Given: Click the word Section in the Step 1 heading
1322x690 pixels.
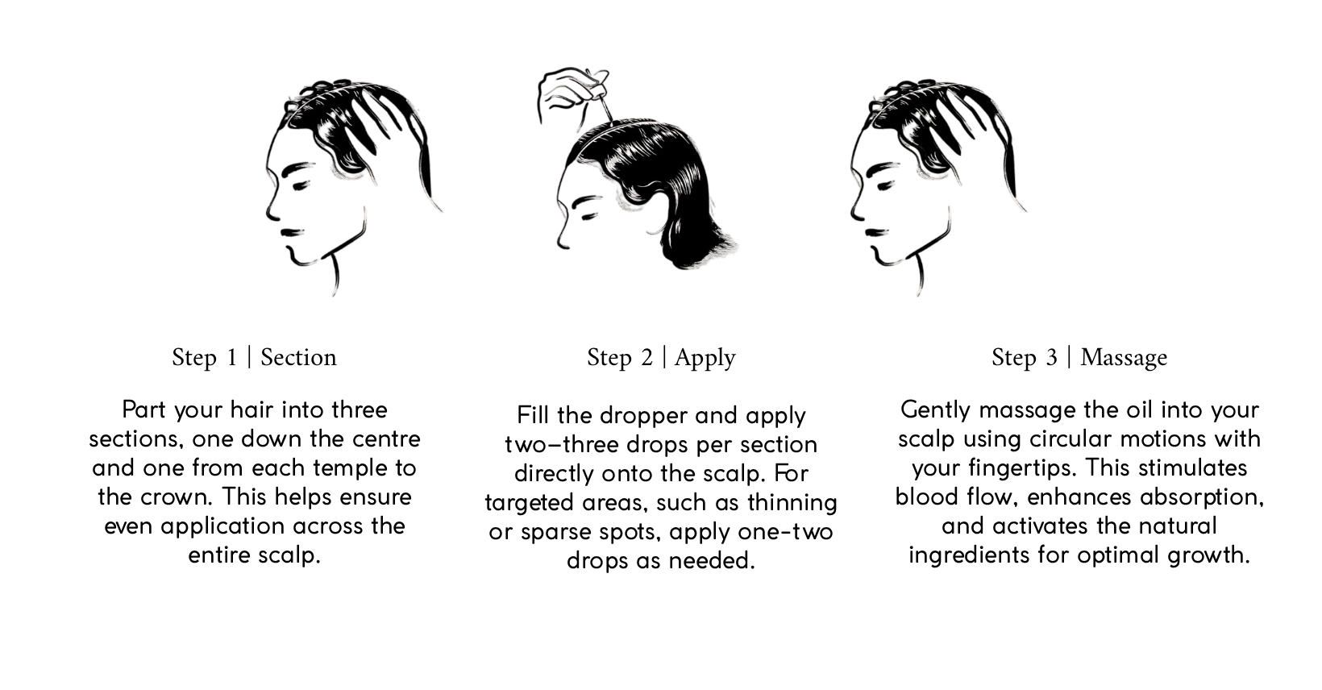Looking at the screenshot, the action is (298, 358).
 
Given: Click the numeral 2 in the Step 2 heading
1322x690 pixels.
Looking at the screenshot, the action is (646, 358).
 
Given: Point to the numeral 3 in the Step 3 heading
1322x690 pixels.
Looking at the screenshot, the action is (1052, 358).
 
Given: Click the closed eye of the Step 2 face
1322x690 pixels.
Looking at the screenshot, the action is (589, 217).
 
